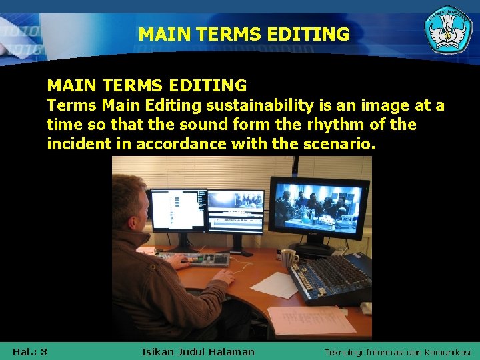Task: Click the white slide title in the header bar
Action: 243,34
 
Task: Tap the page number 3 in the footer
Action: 43,351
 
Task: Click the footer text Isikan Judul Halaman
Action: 198,351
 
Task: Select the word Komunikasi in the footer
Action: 445,352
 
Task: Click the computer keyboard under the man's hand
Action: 194,258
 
